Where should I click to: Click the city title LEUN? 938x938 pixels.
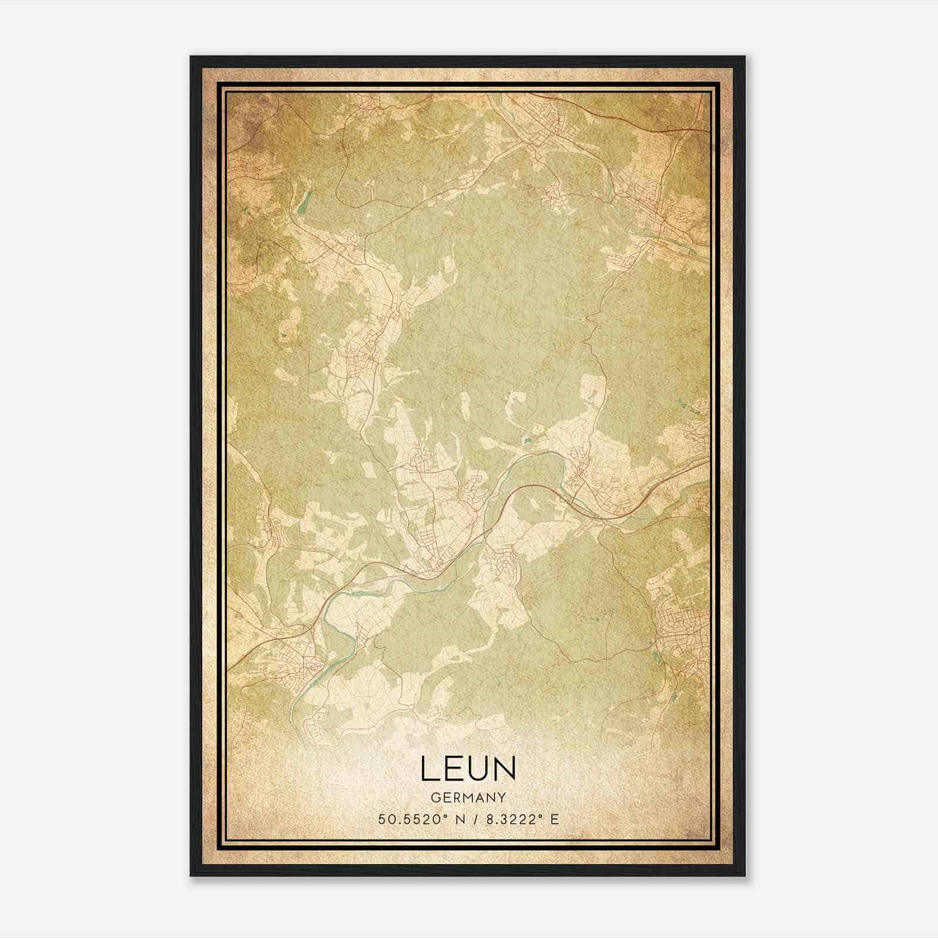pos(468,769)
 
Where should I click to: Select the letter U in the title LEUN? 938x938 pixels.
pos(480,769)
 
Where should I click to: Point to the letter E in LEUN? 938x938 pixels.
pos(453,769)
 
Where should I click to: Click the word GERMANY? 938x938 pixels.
pos(468,798)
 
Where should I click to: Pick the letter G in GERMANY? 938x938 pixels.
pos(435,798)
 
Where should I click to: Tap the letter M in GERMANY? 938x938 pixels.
pos(468,798)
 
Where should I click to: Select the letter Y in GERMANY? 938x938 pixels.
pos(501,798)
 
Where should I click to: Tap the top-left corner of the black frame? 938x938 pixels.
pos(191,57)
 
